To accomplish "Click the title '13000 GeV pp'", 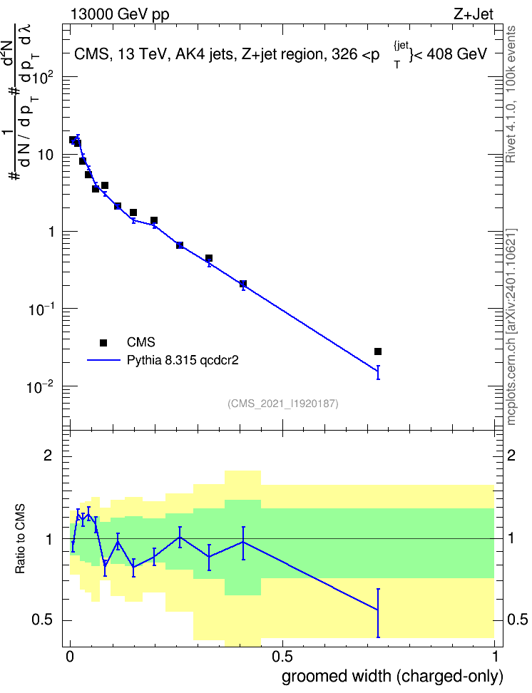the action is pos(119,14).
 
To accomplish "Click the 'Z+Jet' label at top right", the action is pos(474,14).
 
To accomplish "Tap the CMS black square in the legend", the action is pos(103,342).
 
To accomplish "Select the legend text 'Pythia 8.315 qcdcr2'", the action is pos(183,360).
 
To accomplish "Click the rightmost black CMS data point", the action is pos(378,351).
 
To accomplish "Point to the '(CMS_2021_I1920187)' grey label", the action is pos(283,404).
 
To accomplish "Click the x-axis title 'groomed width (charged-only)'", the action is pos(392,676).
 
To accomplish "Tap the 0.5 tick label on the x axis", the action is pos(282,657).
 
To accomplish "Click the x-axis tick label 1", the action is pos(495,657).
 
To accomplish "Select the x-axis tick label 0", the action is pos(70,657).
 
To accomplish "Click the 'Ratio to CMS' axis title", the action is pos(20,539).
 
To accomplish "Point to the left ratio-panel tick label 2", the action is pos(48,456).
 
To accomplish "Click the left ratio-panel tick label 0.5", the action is pos(42,620).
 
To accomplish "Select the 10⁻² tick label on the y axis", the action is pos(40,387).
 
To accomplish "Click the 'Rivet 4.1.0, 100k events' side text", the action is pos(511,94).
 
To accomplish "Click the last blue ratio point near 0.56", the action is pos(378,610).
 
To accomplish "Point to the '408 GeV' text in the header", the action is pos(456,54).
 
